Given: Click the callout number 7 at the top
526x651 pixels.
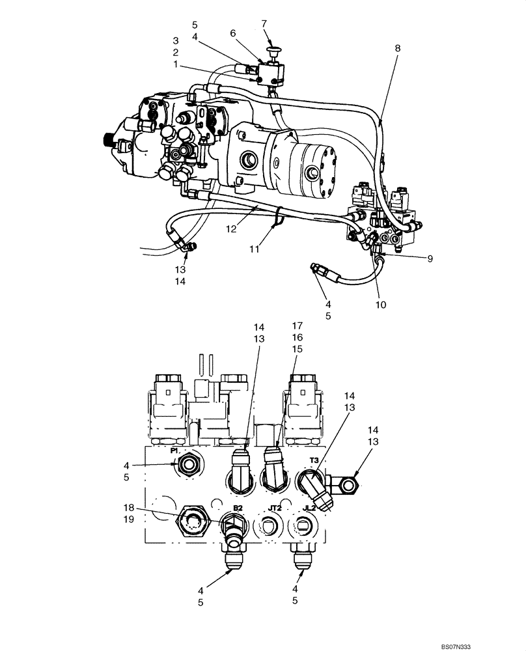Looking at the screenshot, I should point(264,23).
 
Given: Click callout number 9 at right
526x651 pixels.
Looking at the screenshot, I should point(430,258).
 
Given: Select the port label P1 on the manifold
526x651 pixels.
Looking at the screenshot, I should point(175,450).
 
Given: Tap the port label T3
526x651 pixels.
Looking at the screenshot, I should point(314,460).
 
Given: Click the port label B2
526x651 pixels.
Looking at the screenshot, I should point(238,508).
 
